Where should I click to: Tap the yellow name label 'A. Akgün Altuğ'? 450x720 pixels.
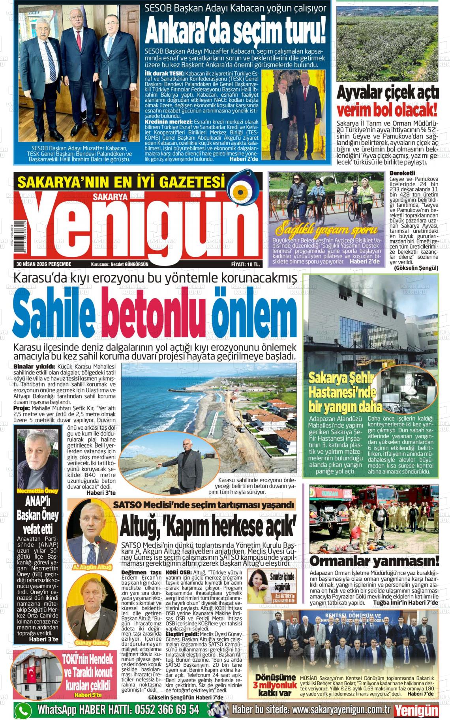pyautogui.click(x=92, y=567)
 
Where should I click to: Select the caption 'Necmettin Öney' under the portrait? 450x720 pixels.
pyautogui.click(x=37, y=491)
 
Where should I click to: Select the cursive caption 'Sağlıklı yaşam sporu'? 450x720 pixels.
pyautogui.click(x=326, y=230)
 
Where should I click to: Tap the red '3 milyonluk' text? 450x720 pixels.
pyautogui.click(x=275, y=684)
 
